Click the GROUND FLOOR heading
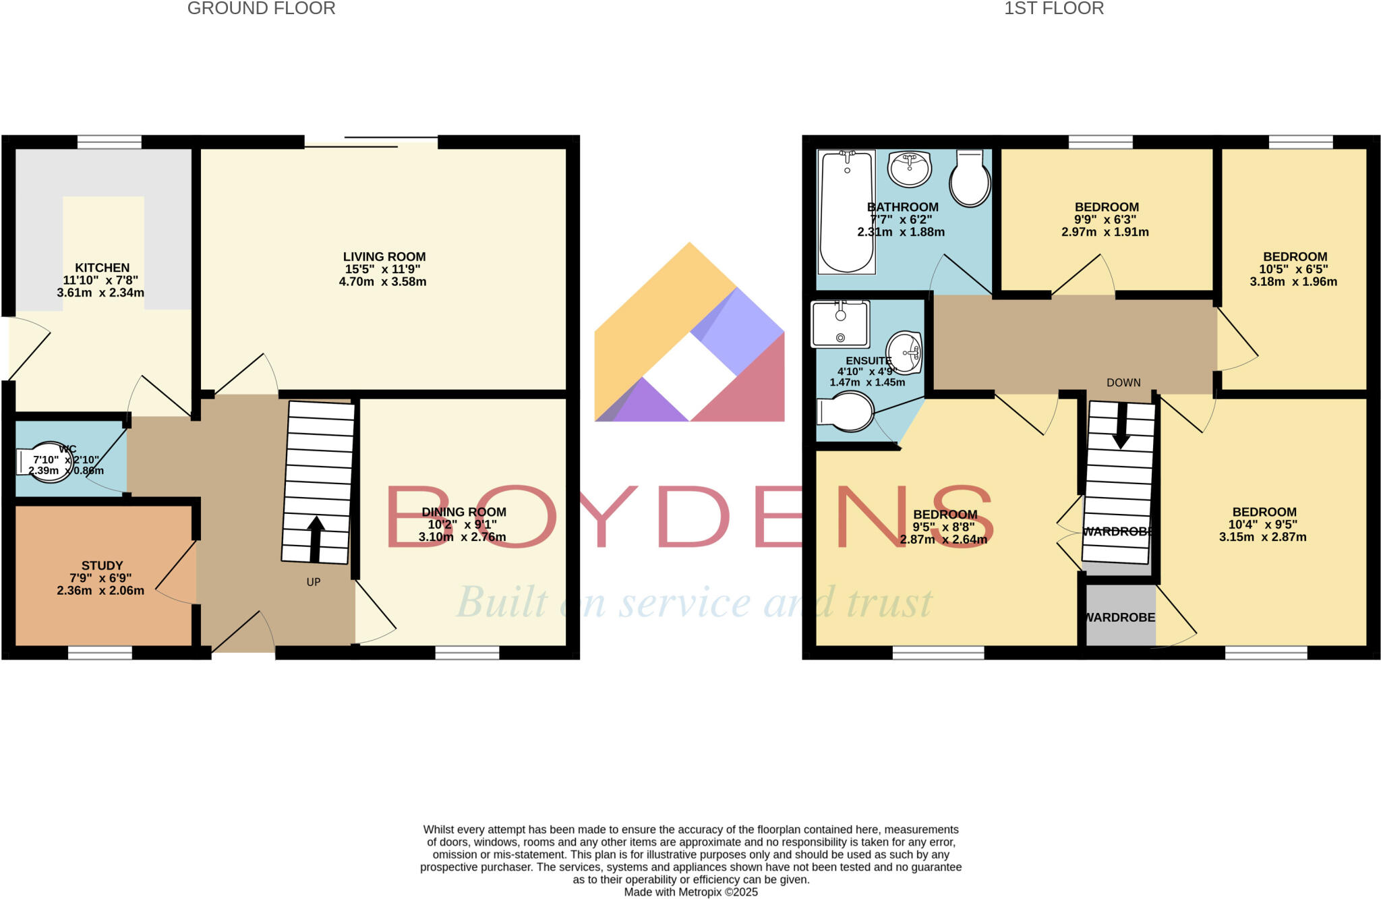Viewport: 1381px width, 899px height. tap(261, 9)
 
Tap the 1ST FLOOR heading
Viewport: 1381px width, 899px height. tap(1053, 9)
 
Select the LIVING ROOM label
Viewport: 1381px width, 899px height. tap(384, 257)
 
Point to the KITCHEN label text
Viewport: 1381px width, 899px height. tap(102, 268)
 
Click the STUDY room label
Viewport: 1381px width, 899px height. tap(102, 566)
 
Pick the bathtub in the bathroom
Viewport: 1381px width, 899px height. tap(846, 212)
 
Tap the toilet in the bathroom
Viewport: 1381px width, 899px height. tap(970, 179)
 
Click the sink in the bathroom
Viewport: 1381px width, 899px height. tap(910, 169)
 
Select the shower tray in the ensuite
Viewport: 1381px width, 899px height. tap(840, 324)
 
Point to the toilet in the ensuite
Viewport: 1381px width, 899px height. tap(846, 411)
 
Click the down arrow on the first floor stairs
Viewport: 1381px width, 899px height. tap(1121, 426)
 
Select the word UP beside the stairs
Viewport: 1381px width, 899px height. tap(314, 582)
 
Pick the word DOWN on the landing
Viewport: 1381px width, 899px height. tap(1123, 383)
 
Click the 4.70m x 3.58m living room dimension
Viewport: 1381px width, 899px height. tap(382, 282)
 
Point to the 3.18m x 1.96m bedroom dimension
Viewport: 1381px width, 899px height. tap(1293, 282)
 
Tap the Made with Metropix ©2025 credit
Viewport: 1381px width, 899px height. tap(690, 892)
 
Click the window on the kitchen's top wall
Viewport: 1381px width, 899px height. tap(109, 142)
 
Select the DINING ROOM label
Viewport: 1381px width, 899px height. tap(463, 513)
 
